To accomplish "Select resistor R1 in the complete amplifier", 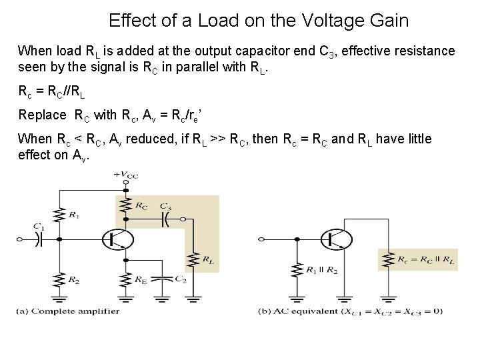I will point(60,214).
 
